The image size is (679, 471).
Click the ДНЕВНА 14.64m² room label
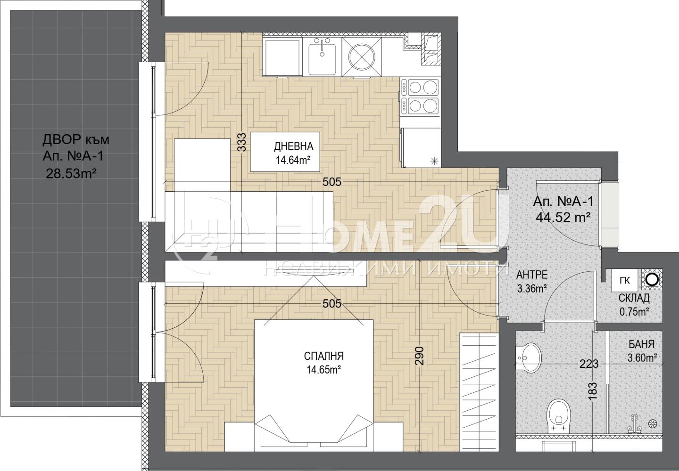coord(293,153)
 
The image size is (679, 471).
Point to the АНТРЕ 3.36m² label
coord(532,282)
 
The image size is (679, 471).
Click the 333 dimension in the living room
coord(242,142)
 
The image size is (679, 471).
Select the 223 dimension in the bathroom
coord(589,364)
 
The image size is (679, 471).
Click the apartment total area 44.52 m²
coord(563,217)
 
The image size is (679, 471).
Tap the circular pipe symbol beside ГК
coord(652,280)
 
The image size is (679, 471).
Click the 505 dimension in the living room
coord(331,182)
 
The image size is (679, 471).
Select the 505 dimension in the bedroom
coord(331,304)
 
